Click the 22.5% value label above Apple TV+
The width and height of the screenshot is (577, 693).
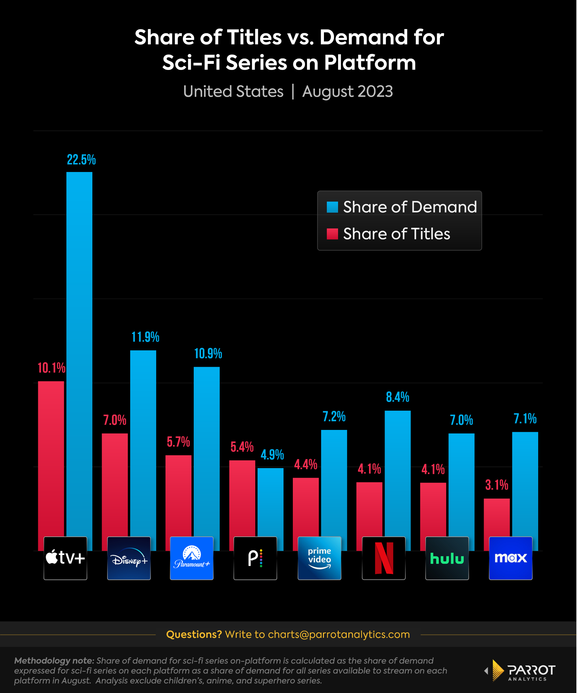pyautogui.click(x=81, y=160)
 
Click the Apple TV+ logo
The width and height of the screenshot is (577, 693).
pyautogui.click(x=65, y=558)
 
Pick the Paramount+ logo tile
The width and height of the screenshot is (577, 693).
pyautogui.click(x=191, y=558)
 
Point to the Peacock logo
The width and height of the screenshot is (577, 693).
pyautogui.click(x=255, y=558)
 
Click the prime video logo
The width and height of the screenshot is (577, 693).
pyautogui.click(x=319, y=558)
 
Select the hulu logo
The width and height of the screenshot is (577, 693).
pyautogui.click(x=447, y=558)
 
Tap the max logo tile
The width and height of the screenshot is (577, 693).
pyautogui.click(x=510, y=558)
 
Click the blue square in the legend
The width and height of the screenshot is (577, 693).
pyautogui.click(x=332, y=207)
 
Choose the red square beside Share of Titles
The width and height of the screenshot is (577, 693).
pyautogui.click(x=332, y=234)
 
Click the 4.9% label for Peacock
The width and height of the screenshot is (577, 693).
pyautogui.click(x=272, y=455)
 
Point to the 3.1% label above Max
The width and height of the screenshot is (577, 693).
pyautogui.click(x=496, y=485)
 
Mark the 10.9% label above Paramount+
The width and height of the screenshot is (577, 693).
pyautogui.click(x=208, y=354)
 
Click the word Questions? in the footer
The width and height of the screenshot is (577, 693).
pyautogui.click(x=194, y=634)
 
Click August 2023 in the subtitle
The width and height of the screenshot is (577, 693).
pyautogui.click(x=347, y=91)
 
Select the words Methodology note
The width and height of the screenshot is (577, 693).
pyautogui.click(x=54, y=660)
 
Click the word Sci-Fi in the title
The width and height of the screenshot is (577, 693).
pyautogui.click(x=191, y=62)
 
